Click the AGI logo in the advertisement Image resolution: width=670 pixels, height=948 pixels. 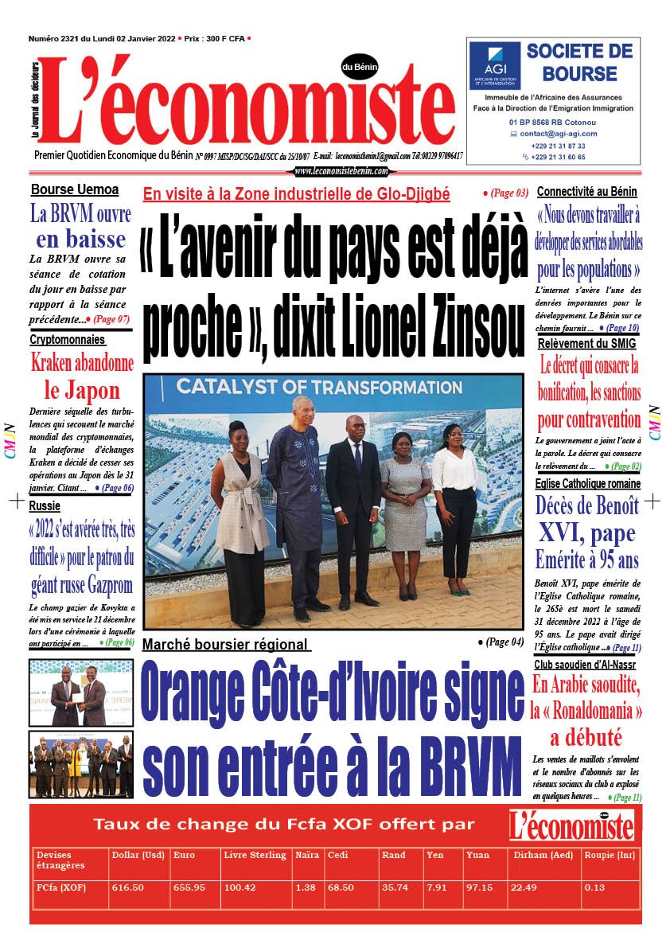(494, 65)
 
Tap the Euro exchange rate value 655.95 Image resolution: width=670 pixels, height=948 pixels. (189, 888)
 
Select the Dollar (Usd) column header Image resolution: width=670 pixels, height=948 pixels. (138, 855)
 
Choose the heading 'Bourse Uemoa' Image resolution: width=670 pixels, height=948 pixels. (75, 189)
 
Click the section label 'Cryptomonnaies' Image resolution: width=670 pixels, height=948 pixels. (68, 339)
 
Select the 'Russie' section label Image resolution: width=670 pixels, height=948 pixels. (45, 505)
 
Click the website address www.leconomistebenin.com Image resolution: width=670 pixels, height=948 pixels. (341, 171)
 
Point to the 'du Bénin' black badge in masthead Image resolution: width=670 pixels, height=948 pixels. (360, 67)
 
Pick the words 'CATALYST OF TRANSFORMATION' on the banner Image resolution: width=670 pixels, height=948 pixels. (308, 388)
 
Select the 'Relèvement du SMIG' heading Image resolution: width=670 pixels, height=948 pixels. (586, 344)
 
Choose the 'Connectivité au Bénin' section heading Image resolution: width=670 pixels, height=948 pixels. (587, 192)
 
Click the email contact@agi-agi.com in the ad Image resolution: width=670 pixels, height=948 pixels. (558, 134)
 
